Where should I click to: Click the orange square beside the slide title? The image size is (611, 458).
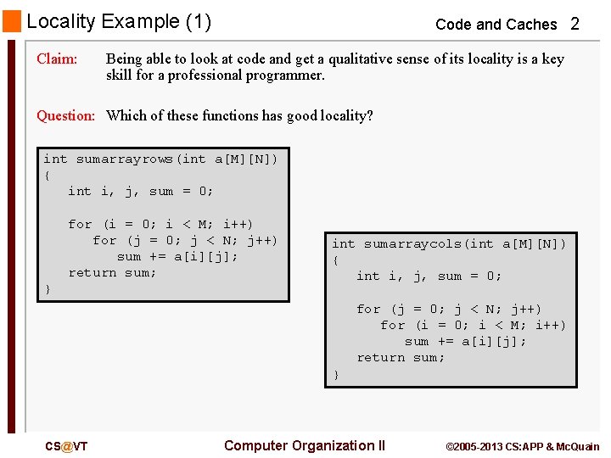pos(12,21)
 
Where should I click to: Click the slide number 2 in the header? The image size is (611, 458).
pos(575,25)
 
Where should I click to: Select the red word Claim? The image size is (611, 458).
pos(57,59)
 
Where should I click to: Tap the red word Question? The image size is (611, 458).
pos(65,116)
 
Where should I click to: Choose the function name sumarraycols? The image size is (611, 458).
pos(412,244)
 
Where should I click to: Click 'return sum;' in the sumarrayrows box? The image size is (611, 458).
pos(113,272)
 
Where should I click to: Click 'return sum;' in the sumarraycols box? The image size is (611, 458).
pos(401,357)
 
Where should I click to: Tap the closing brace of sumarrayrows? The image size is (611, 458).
pos(48,289)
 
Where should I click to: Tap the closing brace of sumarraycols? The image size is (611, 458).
pos(336,374)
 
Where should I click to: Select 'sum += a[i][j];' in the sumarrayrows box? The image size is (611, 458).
pos(177,256)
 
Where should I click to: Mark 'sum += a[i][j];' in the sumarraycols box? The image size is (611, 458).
pos(465,341)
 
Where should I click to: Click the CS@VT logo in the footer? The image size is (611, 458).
pos(66,446)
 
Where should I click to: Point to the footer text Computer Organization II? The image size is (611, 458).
pos(304,445)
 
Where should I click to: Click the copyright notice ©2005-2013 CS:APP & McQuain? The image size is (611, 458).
pos(522,446)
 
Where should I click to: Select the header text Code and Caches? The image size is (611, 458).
pos(496,25)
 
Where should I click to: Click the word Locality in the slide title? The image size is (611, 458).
pos(60,21)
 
